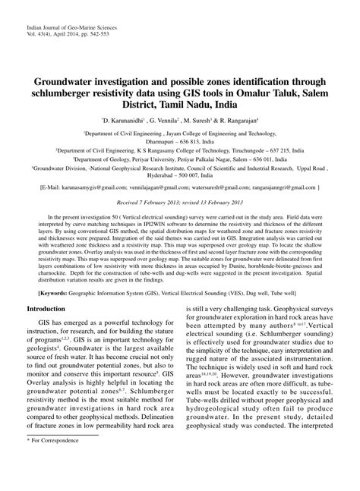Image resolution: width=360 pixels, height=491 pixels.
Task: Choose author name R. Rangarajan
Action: pyautogui.click(x=243, y=120)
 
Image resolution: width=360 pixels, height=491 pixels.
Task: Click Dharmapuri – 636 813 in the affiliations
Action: pyautogui.click(x=180, y=140)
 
